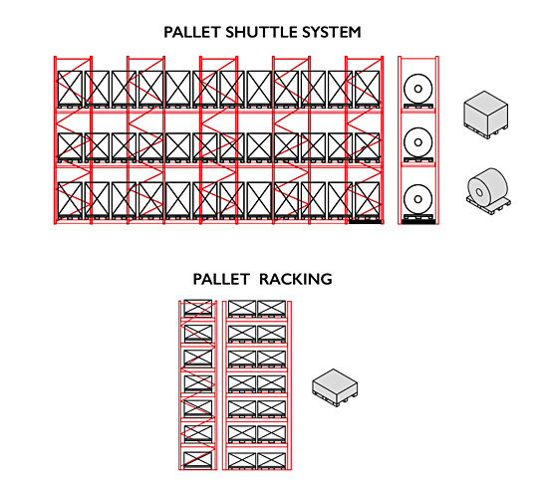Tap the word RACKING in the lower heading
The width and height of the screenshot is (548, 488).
[296, 280]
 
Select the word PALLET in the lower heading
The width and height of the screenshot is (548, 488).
[221, 280]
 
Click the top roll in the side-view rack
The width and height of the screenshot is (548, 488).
[418, 89]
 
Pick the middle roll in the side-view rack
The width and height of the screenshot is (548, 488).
[418, 142]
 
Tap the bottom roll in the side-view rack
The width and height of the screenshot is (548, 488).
[418, 199]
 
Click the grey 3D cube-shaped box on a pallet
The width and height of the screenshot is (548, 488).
[486, 115]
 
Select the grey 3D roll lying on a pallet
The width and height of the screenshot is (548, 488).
[488, 191]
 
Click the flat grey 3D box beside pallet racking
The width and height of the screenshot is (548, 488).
[335, 387]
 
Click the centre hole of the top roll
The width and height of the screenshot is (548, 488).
[418, 89]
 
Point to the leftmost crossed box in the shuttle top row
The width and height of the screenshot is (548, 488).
[70, 88]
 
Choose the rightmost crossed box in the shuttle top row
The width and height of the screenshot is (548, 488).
[368, 88]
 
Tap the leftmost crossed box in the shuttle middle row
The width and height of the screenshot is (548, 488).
[70, 146]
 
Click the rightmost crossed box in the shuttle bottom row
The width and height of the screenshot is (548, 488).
[368, 199]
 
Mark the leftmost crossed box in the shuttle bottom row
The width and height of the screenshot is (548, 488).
[70, 199]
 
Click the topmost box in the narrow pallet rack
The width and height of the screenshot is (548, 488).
[198, 307]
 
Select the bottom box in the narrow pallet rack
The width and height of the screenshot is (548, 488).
[198, 460]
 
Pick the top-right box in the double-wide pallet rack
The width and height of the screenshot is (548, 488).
[272, 309]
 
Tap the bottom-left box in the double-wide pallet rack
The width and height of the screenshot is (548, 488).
[242, 460]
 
